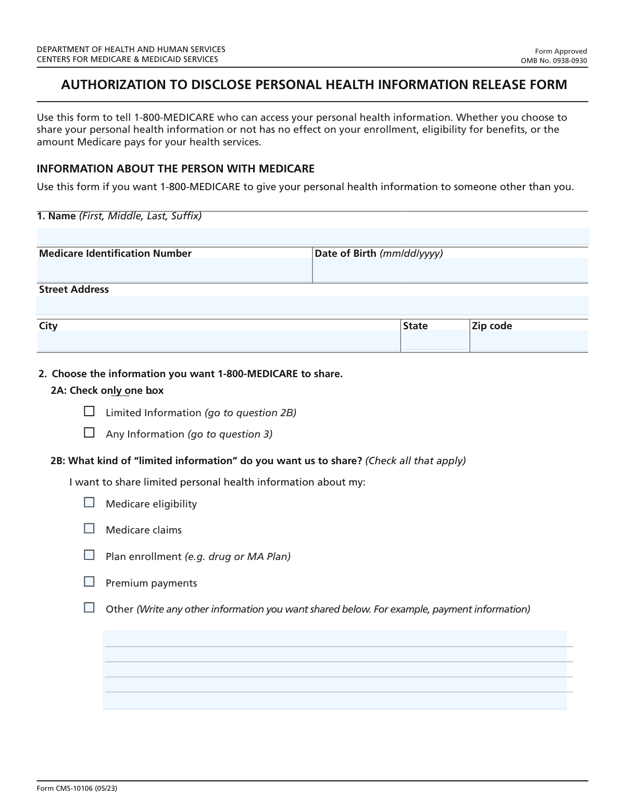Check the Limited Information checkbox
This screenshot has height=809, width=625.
coord(90,412)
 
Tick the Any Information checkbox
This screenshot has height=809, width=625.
coord(90,432)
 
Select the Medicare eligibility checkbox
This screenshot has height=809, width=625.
coord(90,502)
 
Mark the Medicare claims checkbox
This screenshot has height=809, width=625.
coord(90,528)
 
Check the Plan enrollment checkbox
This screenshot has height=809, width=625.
coord(90,555)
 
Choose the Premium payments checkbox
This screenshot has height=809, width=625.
coord(90,581)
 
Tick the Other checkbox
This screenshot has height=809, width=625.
coord(90,607)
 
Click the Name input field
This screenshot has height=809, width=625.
coord(312,237)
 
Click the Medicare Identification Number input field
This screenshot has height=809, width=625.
coord(174,270)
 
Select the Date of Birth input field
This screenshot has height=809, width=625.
coord(451,270)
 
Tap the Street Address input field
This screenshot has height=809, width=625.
coord(312,305)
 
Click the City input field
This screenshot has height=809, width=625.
coord(219,341)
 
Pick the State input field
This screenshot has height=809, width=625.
coord(435,341)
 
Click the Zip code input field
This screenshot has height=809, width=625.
coord(529,341)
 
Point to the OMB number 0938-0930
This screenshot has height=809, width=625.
coord(554,61)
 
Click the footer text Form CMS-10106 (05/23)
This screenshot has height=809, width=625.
coord(77,789)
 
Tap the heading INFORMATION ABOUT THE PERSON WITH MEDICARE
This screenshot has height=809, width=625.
coord(176,169)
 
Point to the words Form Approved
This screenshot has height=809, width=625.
coord(561,51)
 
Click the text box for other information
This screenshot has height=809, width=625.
coord(334,669)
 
